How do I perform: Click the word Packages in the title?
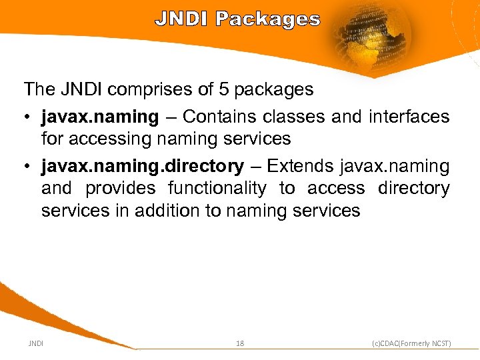click(x=267, y=20)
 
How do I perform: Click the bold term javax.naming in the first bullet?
click(x=99, y=117)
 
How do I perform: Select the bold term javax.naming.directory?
click(x=142, y=166)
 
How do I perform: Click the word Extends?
click(x=300, y=166)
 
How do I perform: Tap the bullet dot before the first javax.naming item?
click(x=27, y=117)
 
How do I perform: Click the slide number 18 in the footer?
click(x=240, y=343)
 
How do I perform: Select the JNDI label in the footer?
click(x=36, y=343)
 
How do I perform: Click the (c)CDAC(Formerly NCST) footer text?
click(x=411, y=343)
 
